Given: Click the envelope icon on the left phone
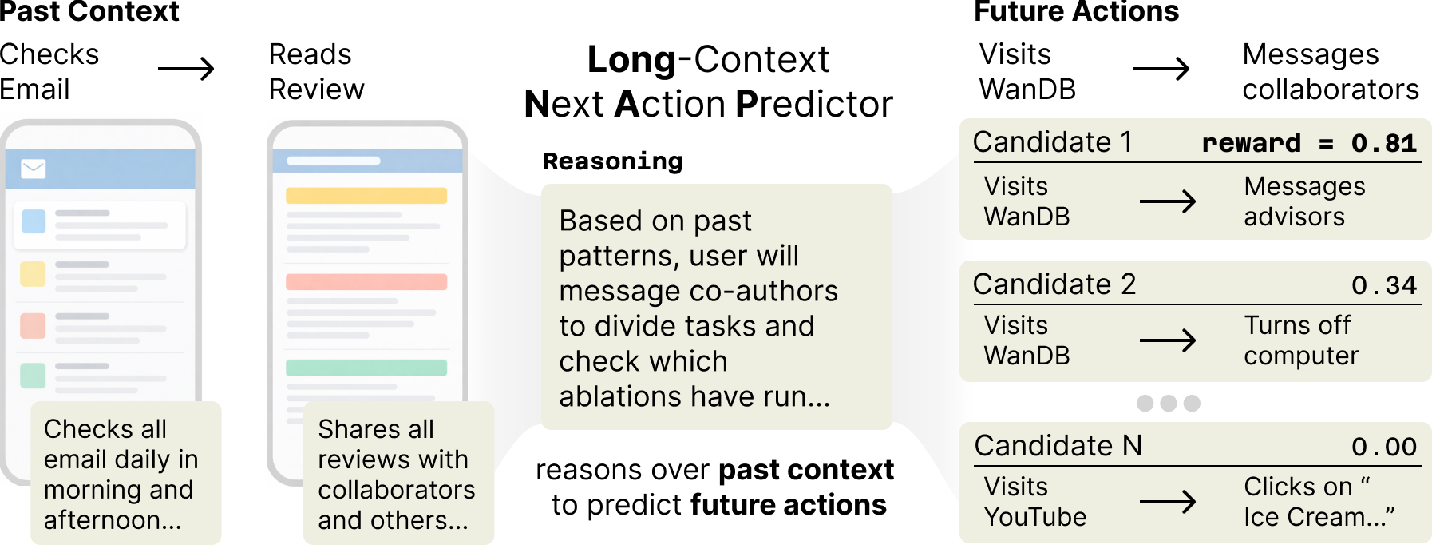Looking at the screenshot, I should [x=34, y=169].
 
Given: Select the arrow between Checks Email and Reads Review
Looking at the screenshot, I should [x=186, y=69].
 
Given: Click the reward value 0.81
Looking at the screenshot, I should [x=1383, y=143].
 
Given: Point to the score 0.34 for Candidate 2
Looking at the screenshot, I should [x=1383, y=285].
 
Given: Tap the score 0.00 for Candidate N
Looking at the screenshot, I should [x=1383, y=447].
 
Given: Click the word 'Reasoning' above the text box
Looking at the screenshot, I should [x=612, y=161].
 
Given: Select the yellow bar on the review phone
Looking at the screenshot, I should [x=366, y=196].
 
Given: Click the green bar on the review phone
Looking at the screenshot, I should [x=366, y=368].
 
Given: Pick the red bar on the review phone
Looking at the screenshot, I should [x=366, y=282].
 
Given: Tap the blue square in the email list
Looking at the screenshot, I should [x=34, y=221].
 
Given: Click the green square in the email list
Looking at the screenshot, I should [x=33, y=375].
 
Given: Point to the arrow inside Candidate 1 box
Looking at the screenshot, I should [x=1167, y=201].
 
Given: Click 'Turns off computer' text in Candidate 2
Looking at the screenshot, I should [x=1300, y=340].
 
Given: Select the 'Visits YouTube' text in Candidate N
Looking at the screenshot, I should [x=1034, y=502].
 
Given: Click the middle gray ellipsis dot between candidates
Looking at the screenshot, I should [x=1169, y=403].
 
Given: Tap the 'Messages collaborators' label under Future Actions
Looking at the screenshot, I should [x=1330, y=72].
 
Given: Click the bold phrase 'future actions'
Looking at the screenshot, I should [x=788, y=505].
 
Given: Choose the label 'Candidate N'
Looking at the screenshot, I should [x=1058, y=446].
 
